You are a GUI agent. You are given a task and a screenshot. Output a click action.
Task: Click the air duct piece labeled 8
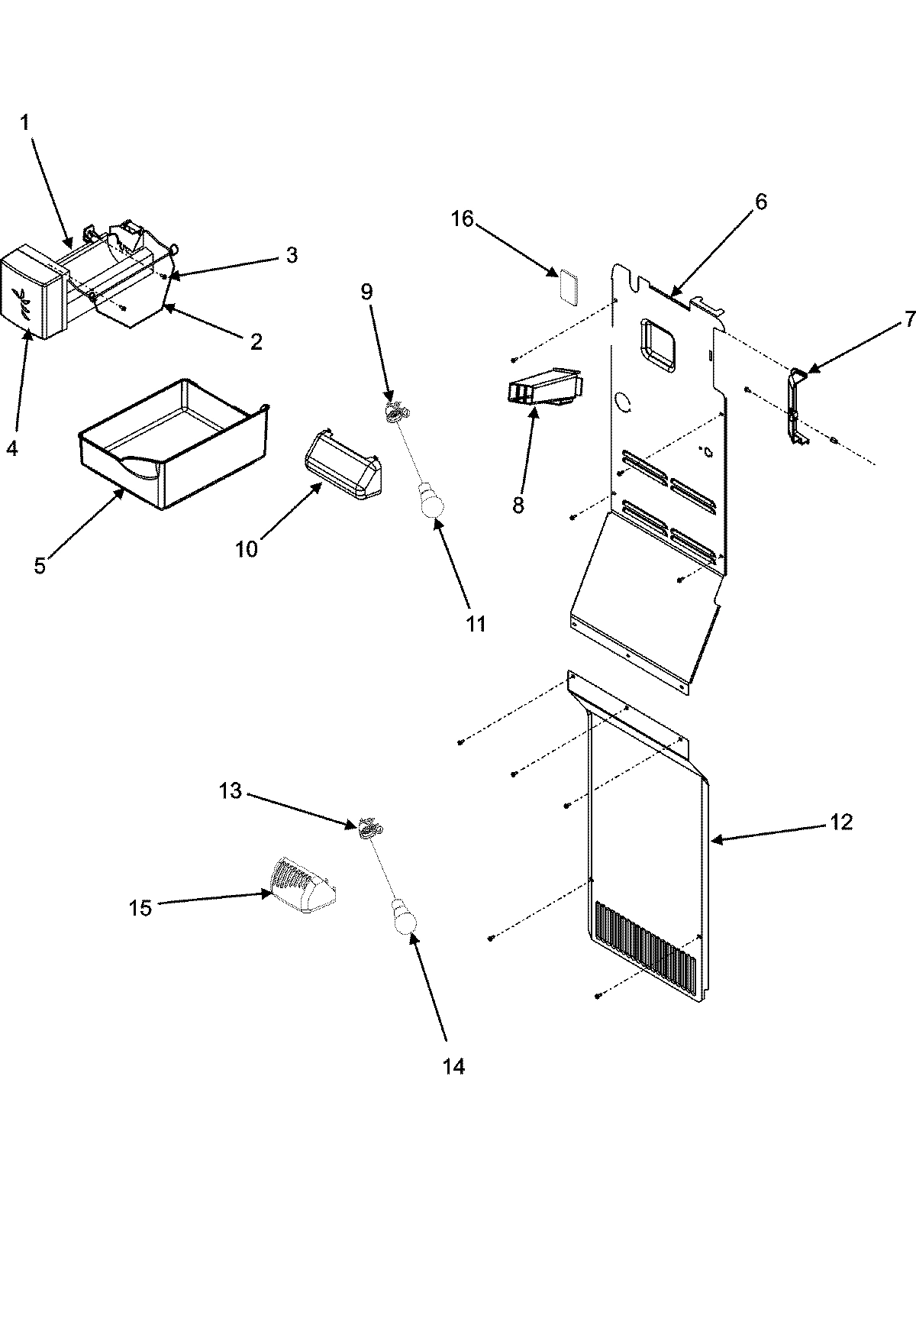[x=543, y=387]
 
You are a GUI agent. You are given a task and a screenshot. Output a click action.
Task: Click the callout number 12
[x=840, y=822]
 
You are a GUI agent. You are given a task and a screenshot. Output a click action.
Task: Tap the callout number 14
[x=453, y=1066]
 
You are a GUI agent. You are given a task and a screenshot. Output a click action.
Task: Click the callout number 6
[x=760, y=202]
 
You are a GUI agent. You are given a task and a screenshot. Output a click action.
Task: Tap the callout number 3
[x=292, y=255]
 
